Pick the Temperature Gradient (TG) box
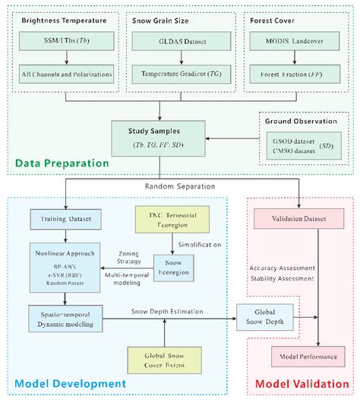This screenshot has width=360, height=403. [x=178, y=75]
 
